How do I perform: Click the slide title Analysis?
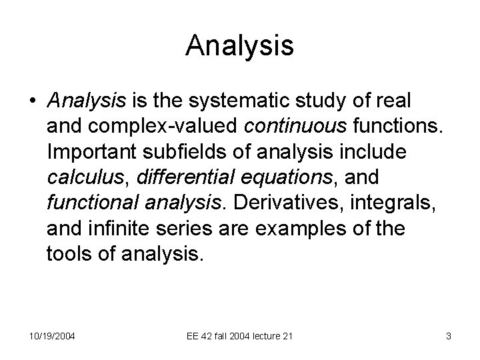[240, 45]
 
